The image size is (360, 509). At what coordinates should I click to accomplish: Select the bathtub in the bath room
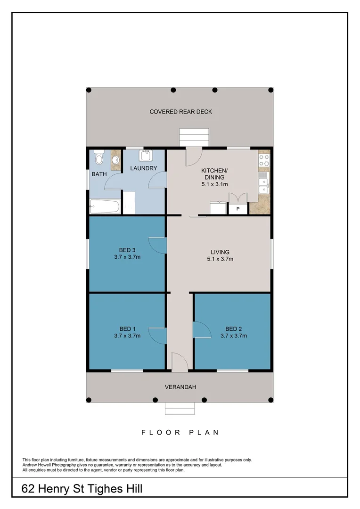(105, 206)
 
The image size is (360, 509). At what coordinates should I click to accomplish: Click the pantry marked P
(238, 208)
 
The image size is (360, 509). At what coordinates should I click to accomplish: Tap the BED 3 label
(127, 250)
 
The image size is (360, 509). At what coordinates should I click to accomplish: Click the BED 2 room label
(233, 329)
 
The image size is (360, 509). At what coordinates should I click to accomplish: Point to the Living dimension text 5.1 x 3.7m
(220, 259)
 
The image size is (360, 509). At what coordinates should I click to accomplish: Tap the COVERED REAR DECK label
(180, 112)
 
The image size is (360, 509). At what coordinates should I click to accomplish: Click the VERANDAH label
(180, 387)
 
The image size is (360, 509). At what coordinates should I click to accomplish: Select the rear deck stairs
(193, 137)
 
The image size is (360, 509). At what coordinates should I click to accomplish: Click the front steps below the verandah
(180, 409)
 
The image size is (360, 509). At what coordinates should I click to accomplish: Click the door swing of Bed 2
(201, 329)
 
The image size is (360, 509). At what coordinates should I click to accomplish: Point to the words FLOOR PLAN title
(180, 432)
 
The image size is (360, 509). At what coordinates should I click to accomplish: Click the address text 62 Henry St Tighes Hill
(82, 489)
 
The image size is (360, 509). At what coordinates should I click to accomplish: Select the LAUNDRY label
(143, 168)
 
